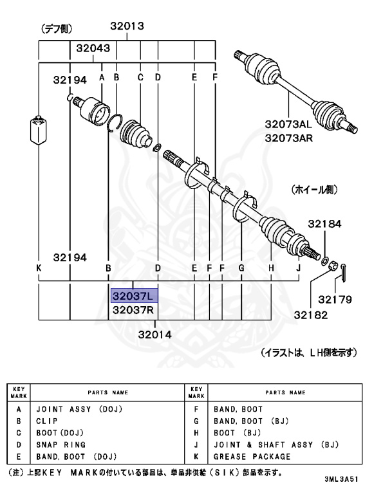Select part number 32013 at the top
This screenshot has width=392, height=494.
pyautogui.click(x=126, y=27)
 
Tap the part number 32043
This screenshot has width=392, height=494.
pyautogui.click(x=93, y=48)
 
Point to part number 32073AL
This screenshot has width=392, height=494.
pyautogui.click(x=287, y=125)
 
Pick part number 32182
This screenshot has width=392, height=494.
pyautogui.click(x=311, y=315)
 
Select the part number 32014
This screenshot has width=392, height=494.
pyautogui.click(x=155, y=334)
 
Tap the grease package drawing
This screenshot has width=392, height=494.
pyautogui.click(x=39, y=131)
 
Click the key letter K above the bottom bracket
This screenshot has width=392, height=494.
pyautogui.click(x=39, y=268)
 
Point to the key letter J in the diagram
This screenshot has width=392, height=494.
pyautogui.click(x=299, y=268)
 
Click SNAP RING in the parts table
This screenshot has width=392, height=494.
pyautogui.click(x=61, y=444)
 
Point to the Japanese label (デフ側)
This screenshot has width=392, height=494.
pyautogui.click(x=57, y=28)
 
